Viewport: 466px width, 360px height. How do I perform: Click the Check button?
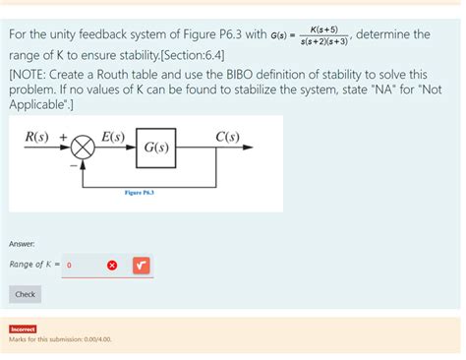point(26,294)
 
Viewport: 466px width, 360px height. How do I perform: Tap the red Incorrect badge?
point(23,329)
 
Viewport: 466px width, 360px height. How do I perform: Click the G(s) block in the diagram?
point(155,149)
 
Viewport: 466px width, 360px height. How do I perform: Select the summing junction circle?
point(84,149)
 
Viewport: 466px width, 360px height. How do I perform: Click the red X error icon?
point(112,265)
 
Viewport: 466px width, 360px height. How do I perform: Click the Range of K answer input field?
point(83,265)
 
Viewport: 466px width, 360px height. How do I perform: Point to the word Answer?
point(23,242)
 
